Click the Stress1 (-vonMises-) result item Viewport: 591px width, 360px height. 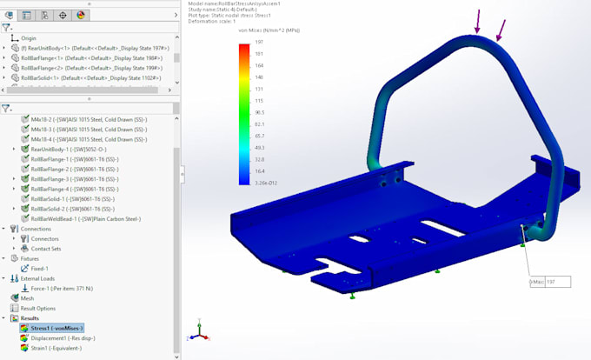tap(57, 328)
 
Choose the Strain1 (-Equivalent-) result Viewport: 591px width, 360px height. tap(56, 348)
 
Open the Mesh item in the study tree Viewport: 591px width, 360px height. tap(27, 297)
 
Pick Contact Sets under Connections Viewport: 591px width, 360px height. tap(49, 248)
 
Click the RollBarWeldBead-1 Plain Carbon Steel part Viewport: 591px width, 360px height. tap(86, 219)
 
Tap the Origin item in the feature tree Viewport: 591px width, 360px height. tap(29, 38)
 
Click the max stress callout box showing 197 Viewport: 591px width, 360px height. tap(549, 282)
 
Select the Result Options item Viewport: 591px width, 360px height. tap(38, 308)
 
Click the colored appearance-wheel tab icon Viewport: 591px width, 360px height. tap(81, 15)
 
